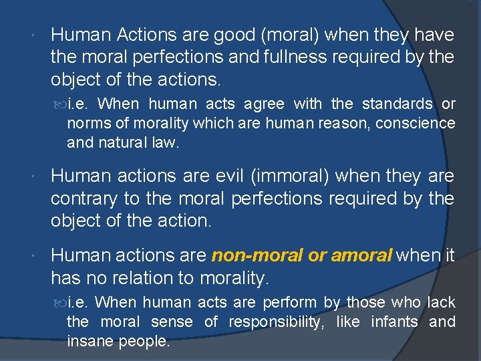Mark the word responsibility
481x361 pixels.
tap(280, 322)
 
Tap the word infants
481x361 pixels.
tap(389, 322)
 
